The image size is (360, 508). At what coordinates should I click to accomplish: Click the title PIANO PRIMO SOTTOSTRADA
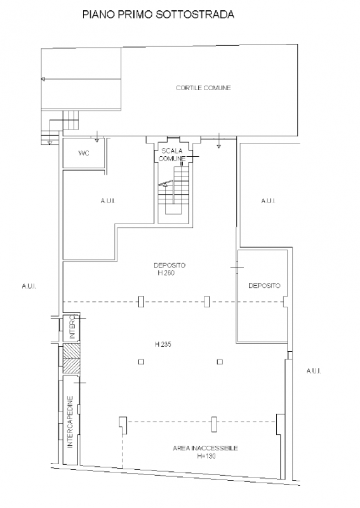pyautogui.click(x=158, y=15)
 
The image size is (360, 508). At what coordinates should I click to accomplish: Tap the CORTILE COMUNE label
pyautogui.click(x=203, y=88)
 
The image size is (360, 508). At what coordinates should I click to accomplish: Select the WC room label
pyautogui.click(x=84, y=153)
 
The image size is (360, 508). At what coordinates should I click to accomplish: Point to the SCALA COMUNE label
pyautogui.click(x=172, y=154)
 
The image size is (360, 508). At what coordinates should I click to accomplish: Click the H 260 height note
pyautogui.click(x=166, y=273)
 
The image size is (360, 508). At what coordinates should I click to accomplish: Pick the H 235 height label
pyautogui.click(x=163, y=344)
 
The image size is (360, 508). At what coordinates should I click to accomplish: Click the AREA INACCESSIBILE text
pyautogui.click(x=206, y=448)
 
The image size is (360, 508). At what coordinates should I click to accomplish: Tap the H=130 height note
pyautogui.click(x=206, y=456)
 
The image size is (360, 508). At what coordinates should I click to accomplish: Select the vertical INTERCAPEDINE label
pyautogui.click(x=70, y=422)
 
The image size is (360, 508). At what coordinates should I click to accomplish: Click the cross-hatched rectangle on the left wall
pyautogui.click(x=71, y=359)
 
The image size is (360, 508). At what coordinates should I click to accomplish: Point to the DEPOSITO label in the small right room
pyautogui.click(x=264, y=286)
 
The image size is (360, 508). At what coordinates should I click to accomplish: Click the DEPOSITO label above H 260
pyautogui.click(x=170, y=265)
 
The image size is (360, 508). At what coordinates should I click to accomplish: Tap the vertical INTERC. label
pyautogui.click(x=72, y=328)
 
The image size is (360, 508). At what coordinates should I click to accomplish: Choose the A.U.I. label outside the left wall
pyautogui.click(x=29, y=286)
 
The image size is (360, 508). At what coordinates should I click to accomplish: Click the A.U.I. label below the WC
pyautogui.click(x=108, y=201)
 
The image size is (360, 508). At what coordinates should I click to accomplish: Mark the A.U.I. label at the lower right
pyautogui.click(x=314, y=371)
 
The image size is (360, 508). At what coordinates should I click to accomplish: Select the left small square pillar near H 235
pyautogui.click(x=141, y=361)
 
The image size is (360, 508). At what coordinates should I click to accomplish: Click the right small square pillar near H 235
pyautogui.click(x=220, y=361)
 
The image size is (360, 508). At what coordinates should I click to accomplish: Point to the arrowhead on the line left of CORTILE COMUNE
pyautogui.click(x=43, y=79)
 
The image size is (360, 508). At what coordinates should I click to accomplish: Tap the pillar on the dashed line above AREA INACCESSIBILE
pyautogui.click(x=214, y=424)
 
